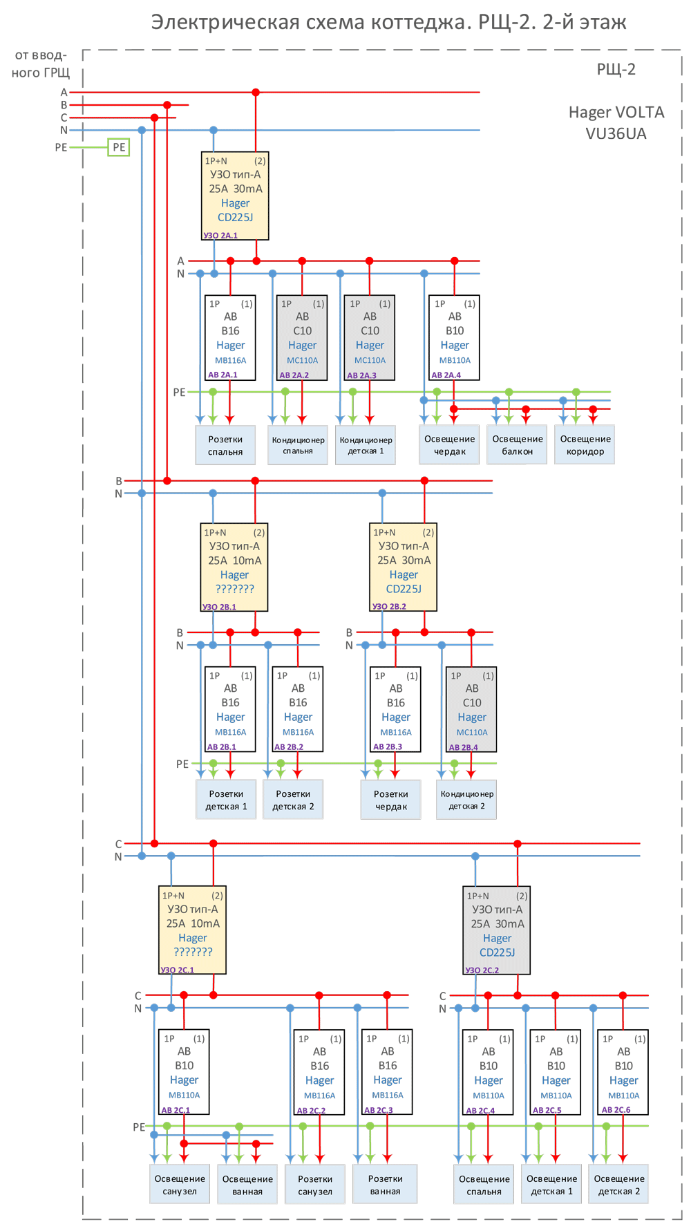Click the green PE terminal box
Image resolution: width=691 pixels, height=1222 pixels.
(x=119, y=147)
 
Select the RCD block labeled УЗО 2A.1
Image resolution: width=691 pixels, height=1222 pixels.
(x=235, y=196)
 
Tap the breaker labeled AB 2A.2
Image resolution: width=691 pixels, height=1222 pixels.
(x=302, y=338)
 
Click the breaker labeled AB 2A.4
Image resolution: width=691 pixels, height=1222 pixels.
(x=454, y=338)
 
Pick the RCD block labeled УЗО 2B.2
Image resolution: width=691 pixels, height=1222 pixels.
(x=404, y=567)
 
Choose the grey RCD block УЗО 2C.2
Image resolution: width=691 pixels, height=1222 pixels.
(x=497, y=930)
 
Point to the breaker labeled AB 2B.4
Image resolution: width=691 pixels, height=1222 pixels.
(x=471, y=709)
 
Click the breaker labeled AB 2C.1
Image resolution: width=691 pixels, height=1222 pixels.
(x=184, y=1072)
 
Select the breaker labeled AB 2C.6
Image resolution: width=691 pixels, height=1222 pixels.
(x=623, y=1072)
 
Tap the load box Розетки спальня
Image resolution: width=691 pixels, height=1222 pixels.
(x=225, y=445)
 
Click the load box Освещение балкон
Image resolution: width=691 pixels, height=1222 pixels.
(x=518, y=445)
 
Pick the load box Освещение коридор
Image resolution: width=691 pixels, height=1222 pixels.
(x=585, y=445)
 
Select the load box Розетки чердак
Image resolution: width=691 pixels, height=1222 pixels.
(x=390, y=800)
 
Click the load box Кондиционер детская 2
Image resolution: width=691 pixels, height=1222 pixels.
(x=466, y=800)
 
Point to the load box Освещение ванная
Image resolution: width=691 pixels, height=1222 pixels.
(x=247, y=1185)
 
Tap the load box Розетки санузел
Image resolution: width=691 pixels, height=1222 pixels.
(x=315, y=1185)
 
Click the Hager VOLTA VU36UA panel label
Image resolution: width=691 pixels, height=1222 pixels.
(x=616, y=122)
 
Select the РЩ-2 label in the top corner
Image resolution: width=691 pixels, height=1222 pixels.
(x=616, y=69)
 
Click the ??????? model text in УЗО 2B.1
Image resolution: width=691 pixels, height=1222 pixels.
(x=234, y=589)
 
